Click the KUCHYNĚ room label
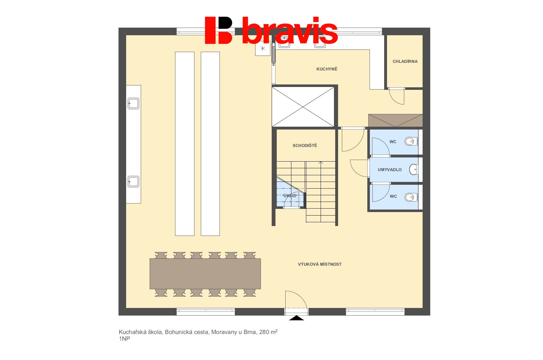tap(327, 69)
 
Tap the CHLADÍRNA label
tap(405, 61)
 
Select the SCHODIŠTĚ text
tap(305, 145)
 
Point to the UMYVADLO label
tap(390, 170)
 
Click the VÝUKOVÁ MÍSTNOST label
tap(320, 264)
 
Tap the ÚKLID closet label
tap(290, 196)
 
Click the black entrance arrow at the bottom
tap(296, 318)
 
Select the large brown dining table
tap(205, 274)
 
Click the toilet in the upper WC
tap(411, 141)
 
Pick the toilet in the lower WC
tap(411, 197)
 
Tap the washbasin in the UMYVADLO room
tap(413, 170)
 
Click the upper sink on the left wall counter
tap(133, 103)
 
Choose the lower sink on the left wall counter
tap(133, 182)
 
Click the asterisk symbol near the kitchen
tap(263, 49)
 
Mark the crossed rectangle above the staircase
tap(303, 107)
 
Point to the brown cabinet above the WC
tap(395, 120)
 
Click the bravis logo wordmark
tap(289, 31)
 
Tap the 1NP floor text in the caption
tap(125, 339)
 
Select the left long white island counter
tap(185, 143)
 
